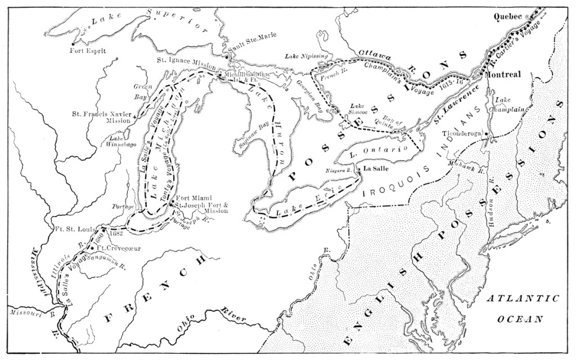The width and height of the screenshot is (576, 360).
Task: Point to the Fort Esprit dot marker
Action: (x=73, y=43)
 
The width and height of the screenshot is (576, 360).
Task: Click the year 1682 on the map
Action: (x=115, y=232)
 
